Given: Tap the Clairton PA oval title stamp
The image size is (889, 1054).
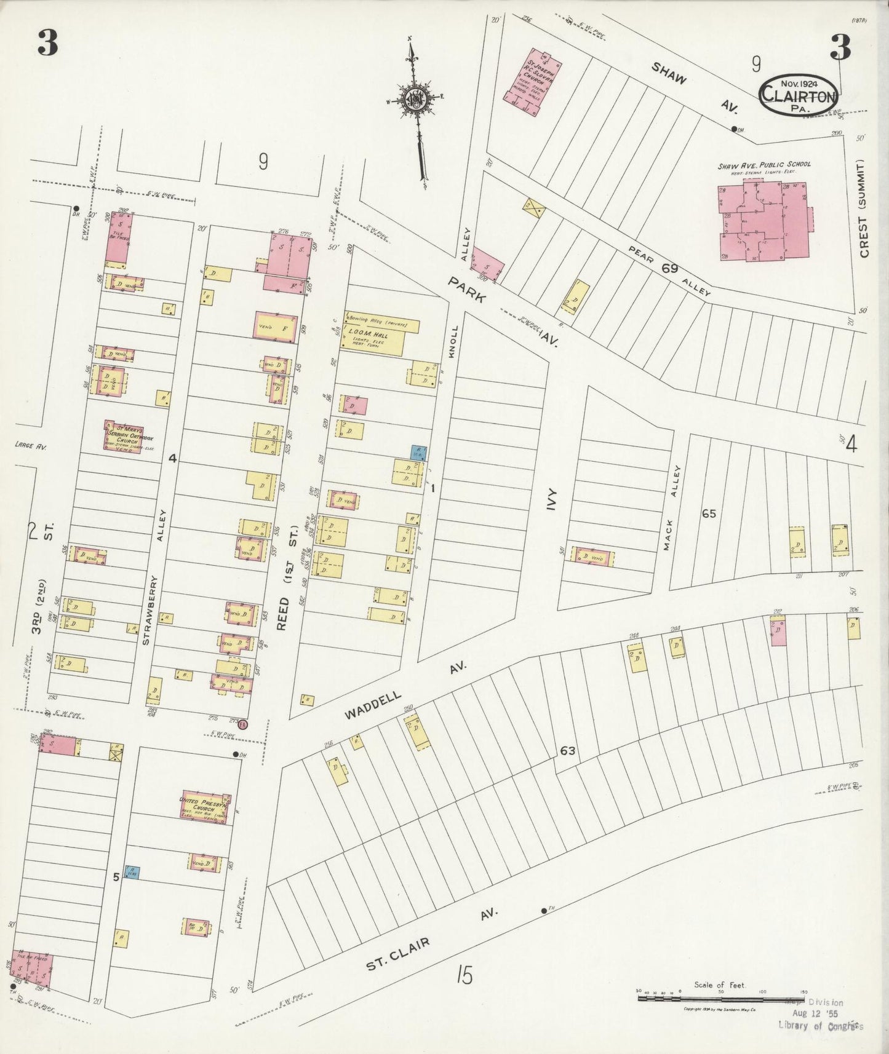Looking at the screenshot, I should (x=798, y=95).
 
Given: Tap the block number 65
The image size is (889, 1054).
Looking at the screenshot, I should (x=709, y=513).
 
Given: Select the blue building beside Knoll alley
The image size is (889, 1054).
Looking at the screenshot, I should (x=418, y=453).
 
